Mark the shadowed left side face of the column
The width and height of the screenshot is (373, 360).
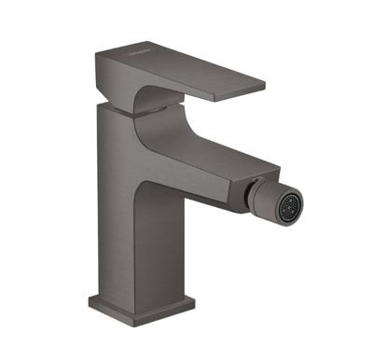pyautogui.click(x=100, y=215)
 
